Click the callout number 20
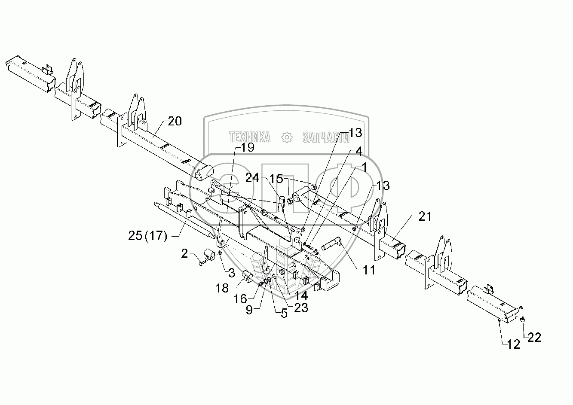coord(175,121)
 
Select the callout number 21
coord(425,217)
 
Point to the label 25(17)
coord(147,235)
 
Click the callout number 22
coord(534,338)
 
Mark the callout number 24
coord(252,178)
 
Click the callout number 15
coord(276,178)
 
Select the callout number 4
coord(358,152)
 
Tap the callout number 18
coord(222,288)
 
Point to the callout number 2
coord(184,254)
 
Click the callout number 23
coord(301,308)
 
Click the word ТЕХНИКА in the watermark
coord(250,137)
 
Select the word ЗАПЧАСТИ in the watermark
coord(326,137)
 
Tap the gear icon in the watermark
coord(287,137)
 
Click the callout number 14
coord(300,295)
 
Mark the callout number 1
coord(364,167)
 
